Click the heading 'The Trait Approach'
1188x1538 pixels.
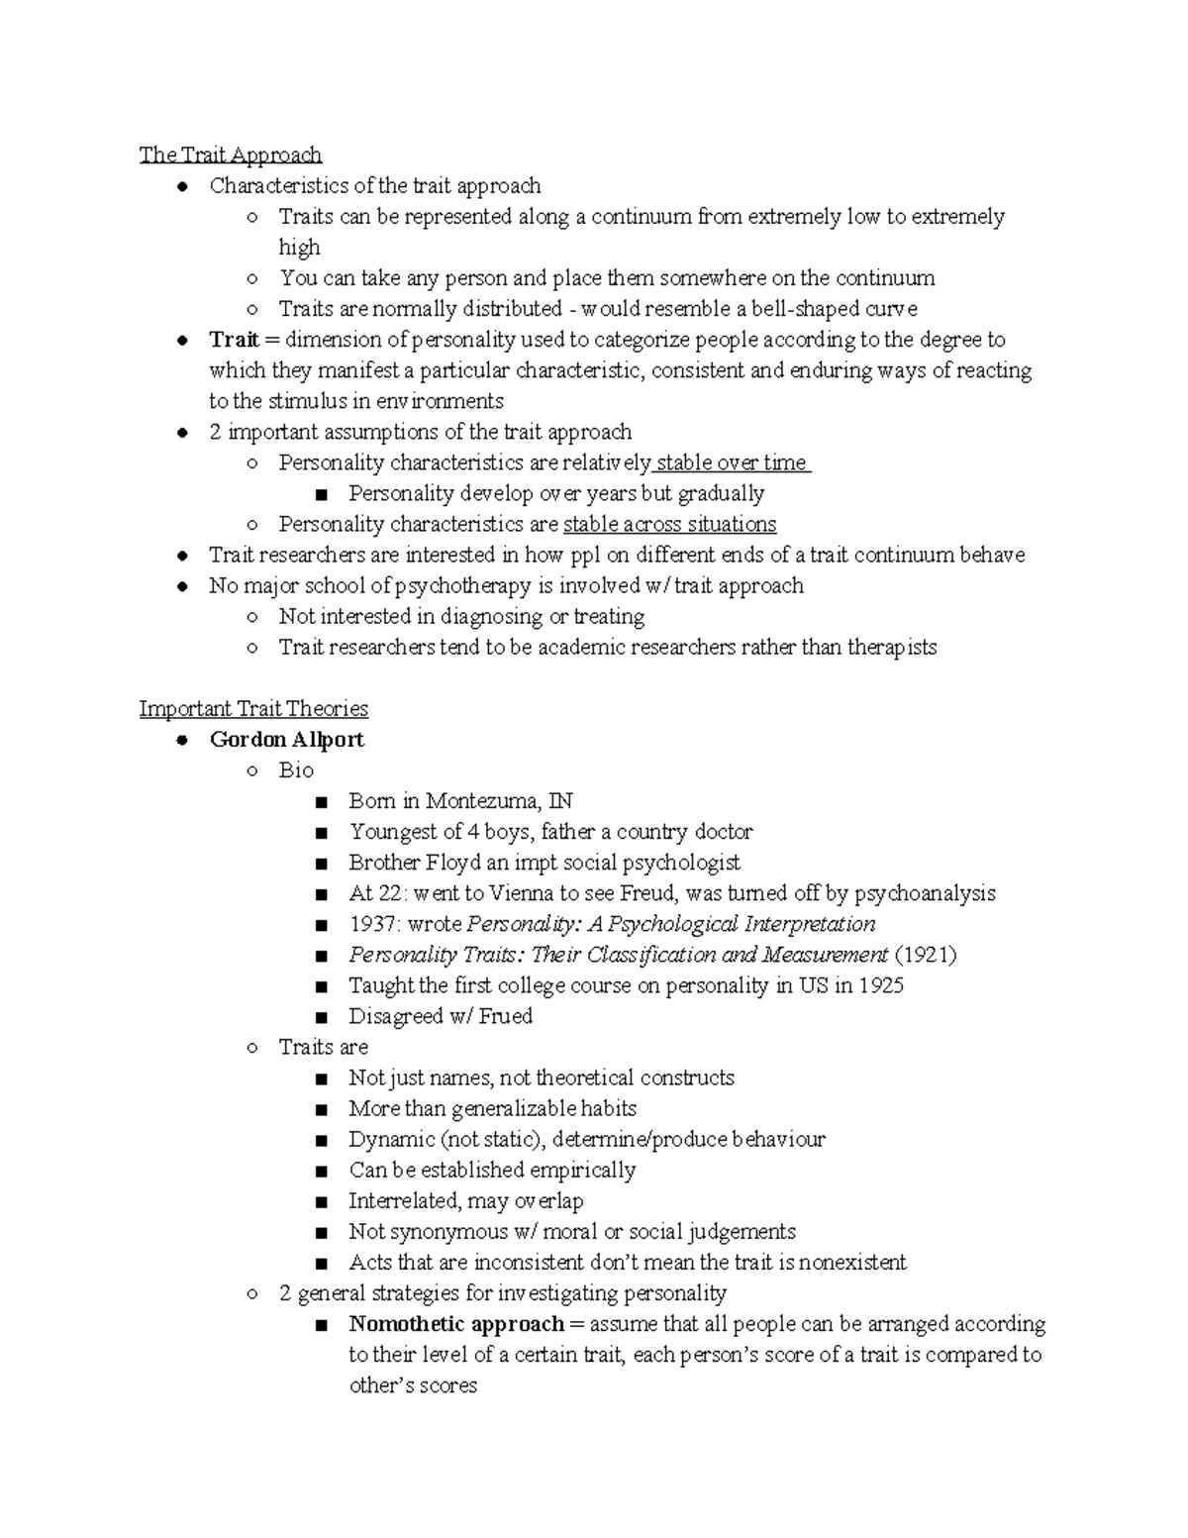point(230,154)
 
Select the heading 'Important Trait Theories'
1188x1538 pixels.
point(253,708)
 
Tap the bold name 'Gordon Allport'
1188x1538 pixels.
point(286,740)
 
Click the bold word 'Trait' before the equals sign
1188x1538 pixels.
point(234,340)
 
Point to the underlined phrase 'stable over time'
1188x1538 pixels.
point(733,462)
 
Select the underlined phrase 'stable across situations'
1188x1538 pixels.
point(669,524)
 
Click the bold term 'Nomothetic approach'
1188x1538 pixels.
point(456,1324)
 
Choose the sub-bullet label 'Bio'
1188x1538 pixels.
point(296,770)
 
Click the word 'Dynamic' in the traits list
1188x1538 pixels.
point(391,1139)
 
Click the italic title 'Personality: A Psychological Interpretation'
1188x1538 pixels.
point(670,924)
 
